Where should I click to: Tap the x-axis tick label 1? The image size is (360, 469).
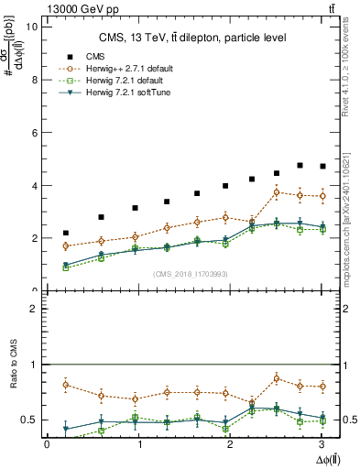pos(140,445)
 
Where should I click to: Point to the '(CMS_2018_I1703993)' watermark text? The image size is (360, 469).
pos(191,273)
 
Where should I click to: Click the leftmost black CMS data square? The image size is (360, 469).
pos(66,234)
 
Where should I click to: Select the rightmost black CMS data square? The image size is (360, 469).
pos(322,167)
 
